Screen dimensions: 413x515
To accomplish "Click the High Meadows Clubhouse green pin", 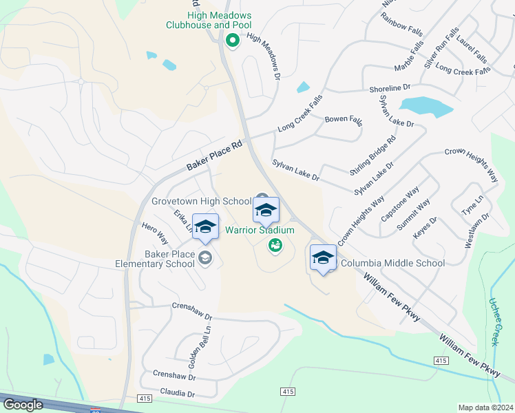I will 233,41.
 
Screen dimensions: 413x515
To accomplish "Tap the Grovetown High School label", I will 202,202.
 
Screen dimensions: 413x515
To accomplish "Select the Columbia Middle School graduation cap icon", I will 323,257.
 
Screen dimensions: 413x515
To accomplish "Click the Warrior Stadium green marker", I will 275,244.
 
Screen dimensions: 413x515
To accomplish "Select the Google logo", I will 23,405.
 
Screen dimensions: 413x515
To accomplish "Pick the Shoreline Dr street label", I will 390,88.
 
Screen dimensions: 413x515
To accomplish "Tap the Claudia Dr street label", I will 178,394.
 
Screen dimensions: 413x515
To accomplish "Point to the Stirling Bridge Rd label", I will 374,157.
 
